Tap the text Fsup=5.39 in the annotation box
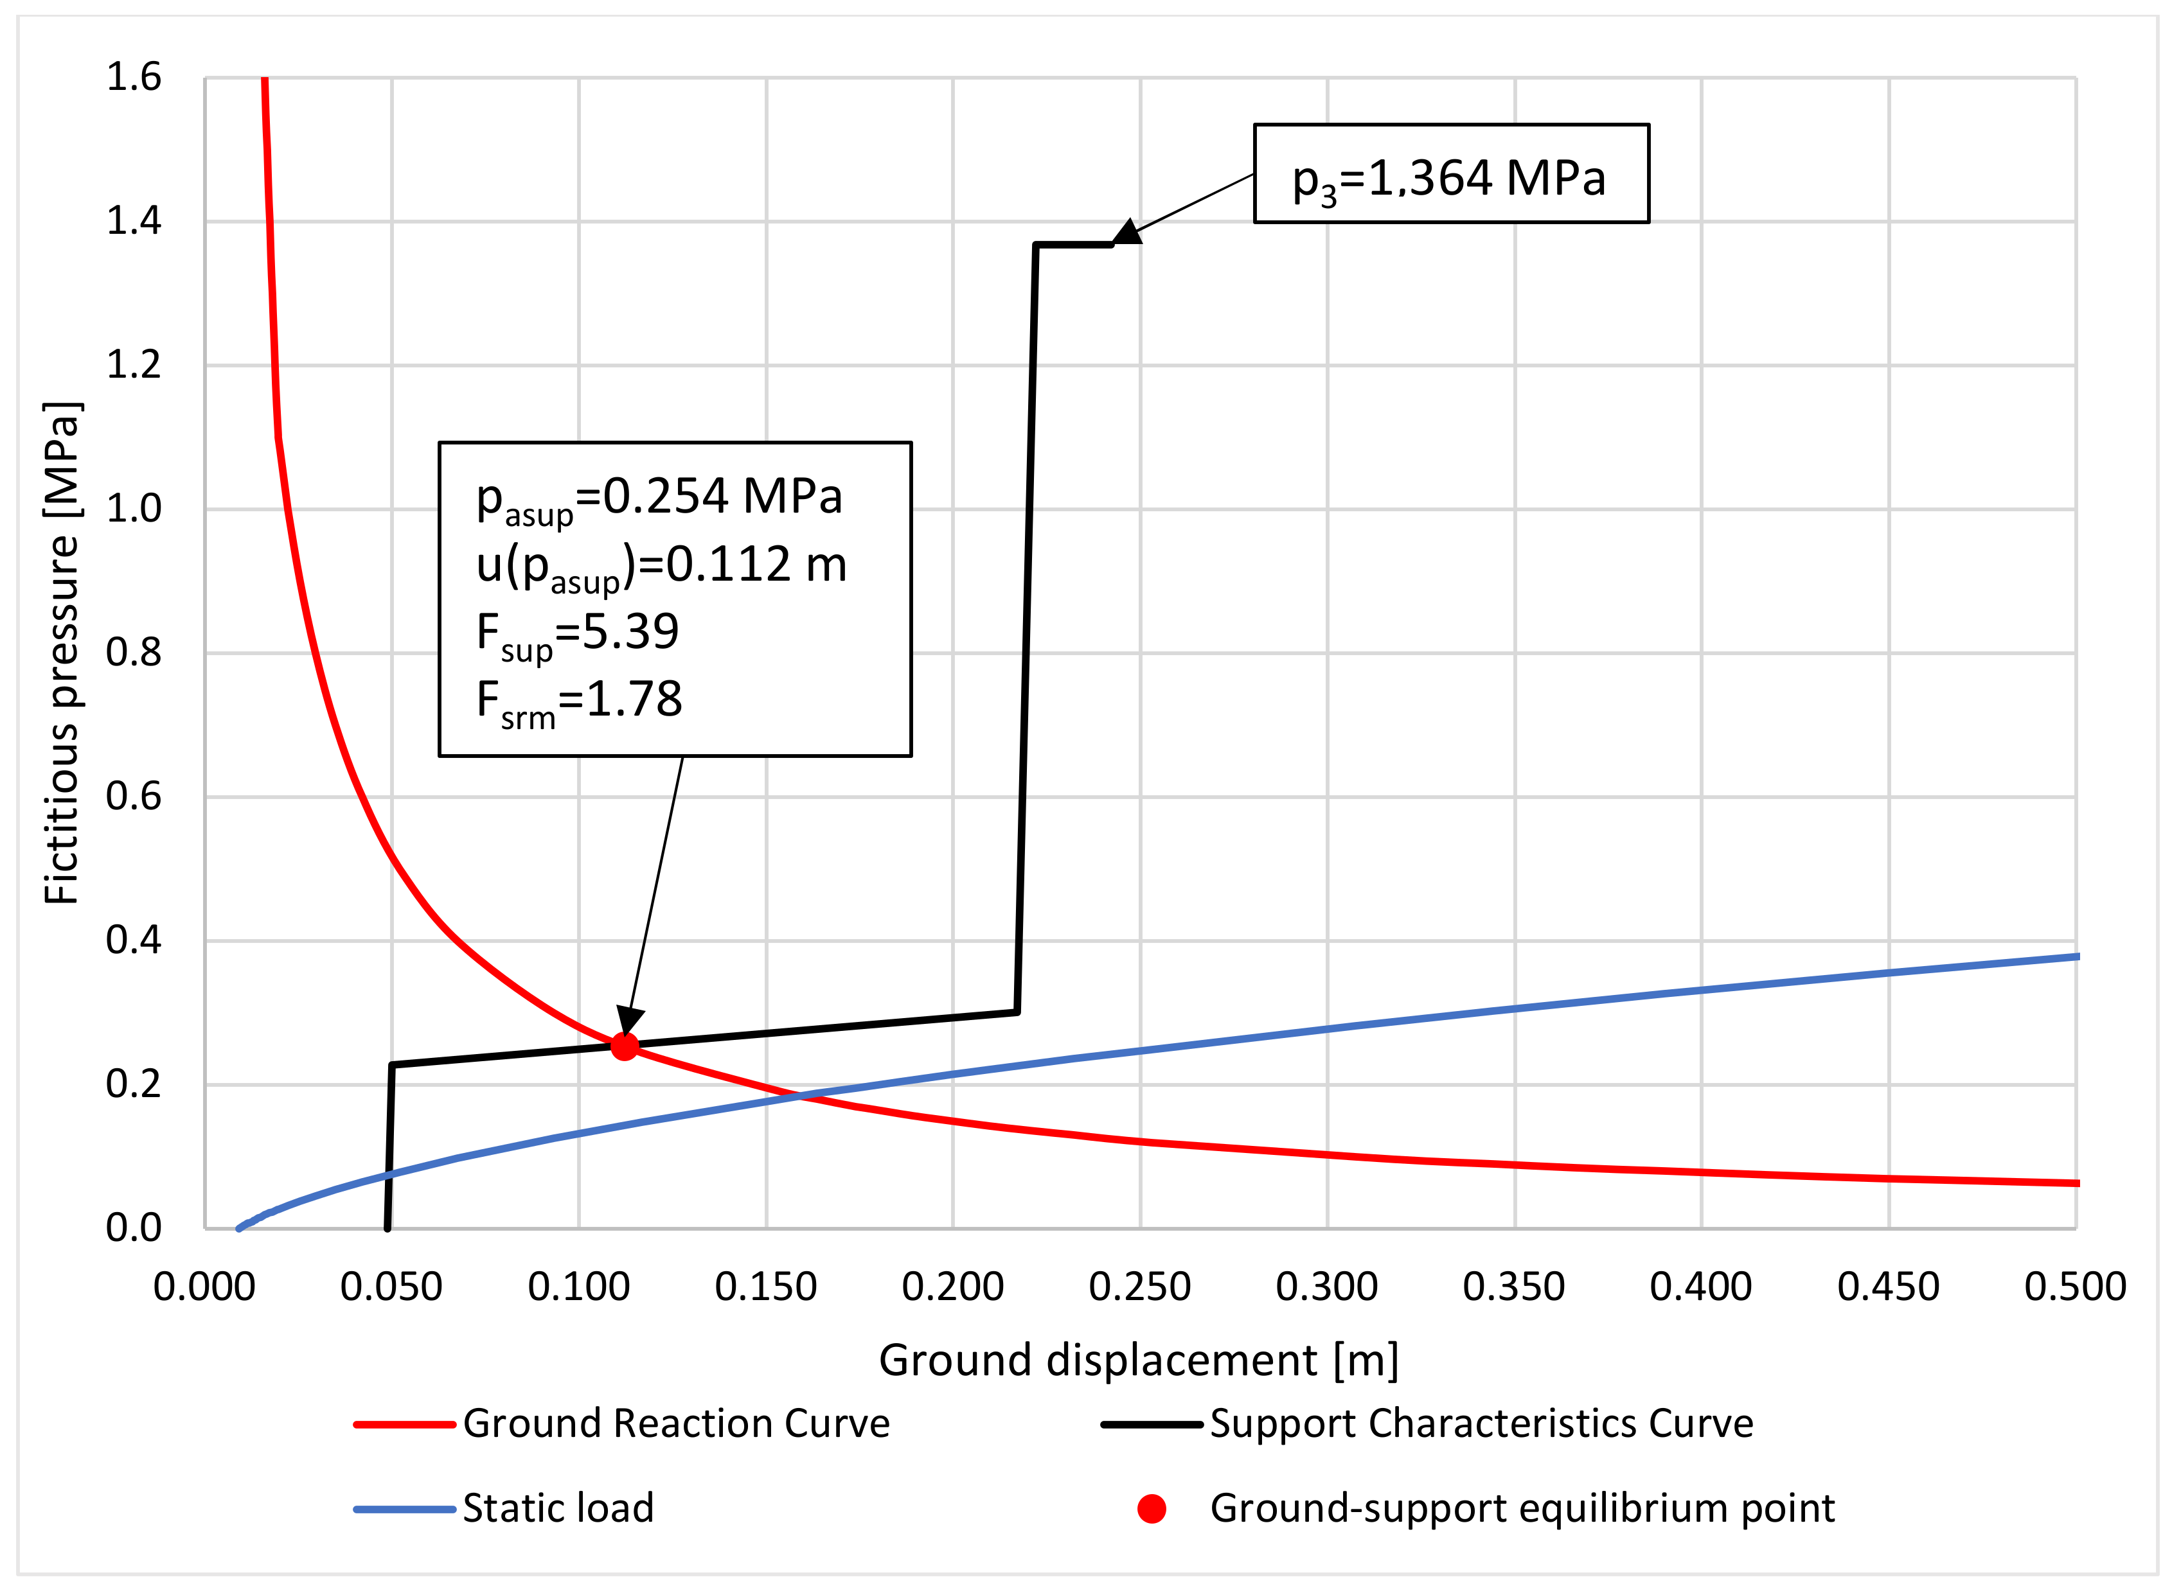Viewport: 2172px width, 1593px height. point(578,633)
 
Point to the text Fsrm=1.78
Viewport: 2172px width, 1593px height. point(579,701)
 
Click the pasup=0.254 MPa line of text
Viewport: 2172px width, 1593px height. point(659,498)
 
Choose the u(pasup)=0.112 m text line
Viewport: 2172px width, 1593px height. point(661,566)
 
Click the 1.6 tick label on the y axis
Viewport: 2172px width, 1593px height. point(133,77)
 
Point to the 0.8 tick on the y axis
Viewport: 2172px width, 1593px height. point(133,653)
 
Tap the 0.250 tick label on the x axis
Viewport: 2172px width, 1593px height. point(1139,1287)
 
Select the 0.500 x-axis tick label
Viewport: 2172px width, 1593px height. point(2074,1287)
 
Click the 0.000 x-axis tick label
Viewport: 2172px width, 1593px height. point(204,1287)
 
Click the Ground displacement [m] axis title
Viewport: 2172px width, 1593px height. point(1138,1360)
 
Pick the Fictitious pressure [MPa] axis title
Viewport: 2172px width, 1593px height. point(62,653)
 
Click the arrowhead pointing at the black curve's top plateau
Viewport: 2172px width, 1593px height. point(1126,233)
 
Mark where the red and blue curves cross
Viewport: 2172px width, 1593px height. point(799,1095)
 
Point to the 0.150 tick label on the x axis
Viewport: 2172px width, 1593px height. point(766,1287)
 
